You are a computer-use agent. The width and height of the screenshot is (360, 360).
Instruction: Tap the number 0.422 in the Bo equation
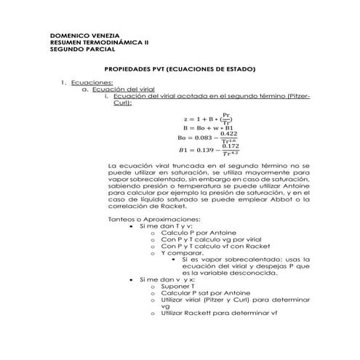[x=229, y=133]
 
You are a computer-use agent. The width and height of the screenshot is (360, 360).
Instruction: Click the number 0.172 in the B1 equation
[x=230, y=145]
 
